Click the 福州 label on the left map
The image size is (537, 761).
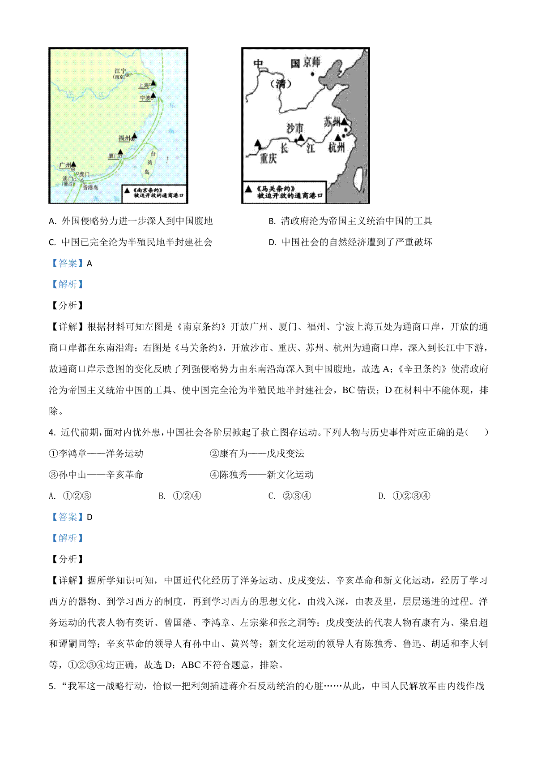click(124, 138)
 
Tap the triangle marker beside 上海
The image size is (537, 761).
click(153, 83)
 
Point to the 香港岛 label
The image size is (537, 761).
click(90, 188)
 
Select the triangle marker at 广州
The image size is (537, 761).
click(73, 164)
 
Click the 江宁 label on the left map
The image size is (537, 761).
click(120, 71)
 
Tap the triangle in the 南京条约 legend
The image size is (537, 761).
click(128, 190)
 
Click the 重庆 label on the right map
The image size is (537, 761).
click(268, 158)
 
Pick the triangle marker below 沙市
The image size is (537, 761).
click(301, 138)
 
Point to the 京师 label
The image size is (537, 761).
click(311, 62)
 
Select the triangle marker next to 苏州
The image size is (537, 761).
click(344, 121)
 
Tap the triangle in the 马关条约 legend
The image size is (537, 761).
click(248, 189)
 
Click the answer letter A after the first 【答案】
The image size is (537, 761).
click(89, 264)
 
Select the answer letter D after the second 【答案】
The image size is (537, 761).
click(89, 517)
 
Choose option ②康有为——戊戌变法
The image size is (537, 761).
click(257, 454)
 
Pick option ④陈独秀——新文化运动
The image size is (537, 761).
click(262, 475)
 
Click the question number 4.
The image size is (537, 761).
click(51, 432)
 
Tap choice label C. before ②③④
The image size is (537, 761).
click(272, 496)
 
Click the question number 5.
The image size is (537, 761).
click(51, 687)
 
